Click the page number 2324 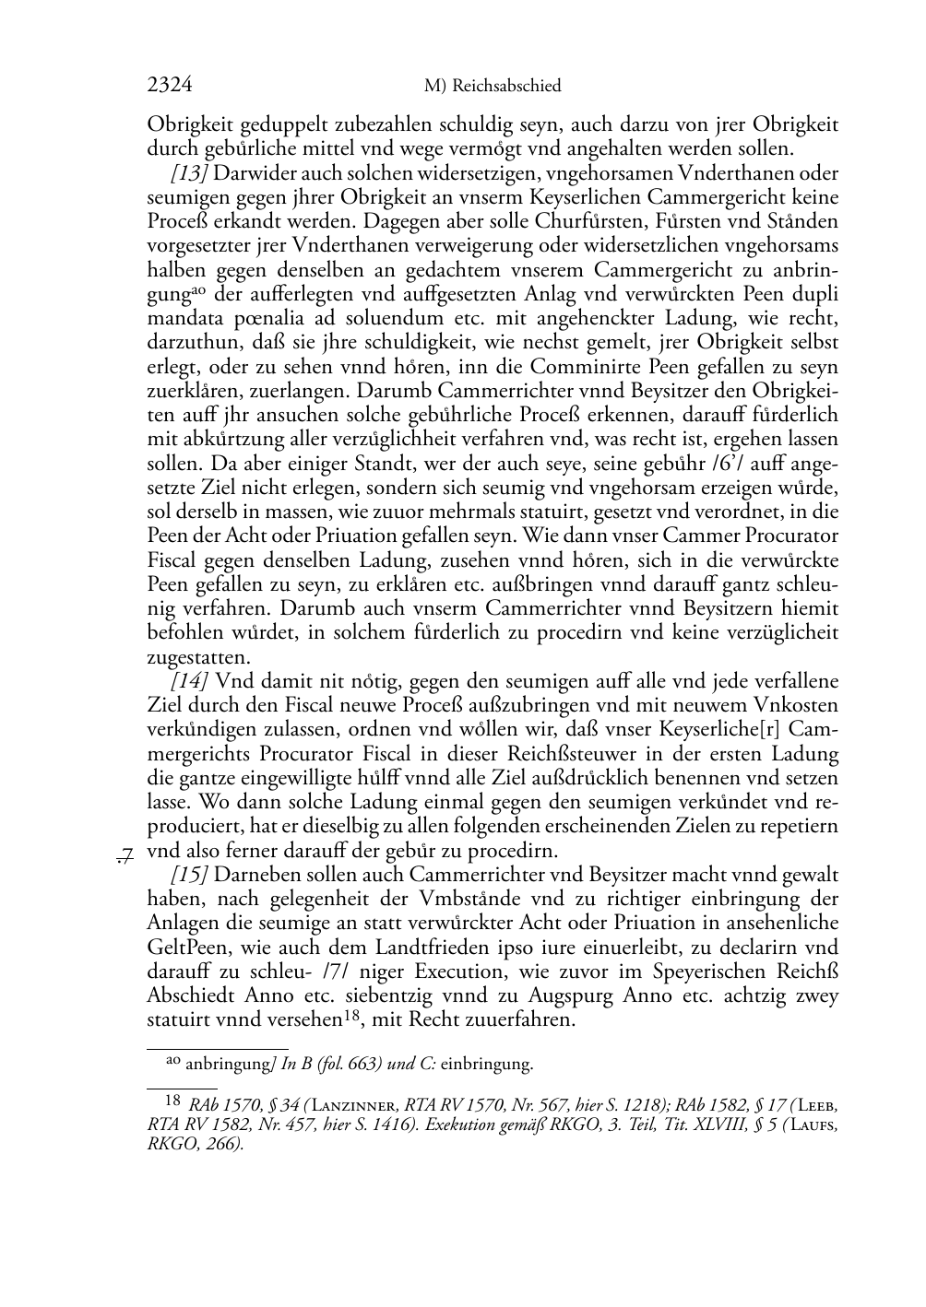pyautogui.click(x=169, y=86)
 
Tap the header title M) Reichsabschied pyautogui.click(x=493, y=87)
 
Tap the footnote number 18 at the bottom pyautogui.click(x=172, y=1100)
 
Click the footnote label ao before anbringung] pyautogui.click(x=172, y=1061)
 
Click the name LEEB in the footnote pyautogui.click(x=816, y=1103)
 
